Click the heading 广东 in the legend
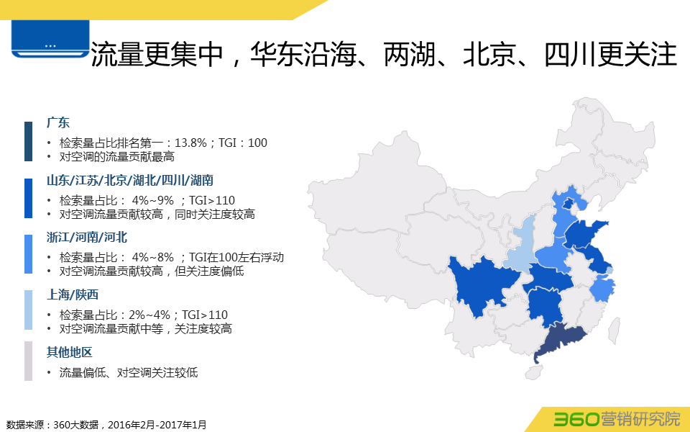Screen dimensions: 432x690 [58, 122]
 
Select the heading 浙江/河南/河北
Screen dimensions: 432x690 [87, 238]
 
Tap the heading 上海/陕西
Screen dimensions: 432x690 [73, 294]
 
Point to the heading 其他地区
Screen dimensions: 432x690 [70, 352]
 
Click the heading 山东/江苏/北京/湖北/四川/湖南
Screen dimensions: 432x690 [130, 180]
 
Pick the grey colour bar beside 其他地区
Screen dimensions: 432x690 [28, 361]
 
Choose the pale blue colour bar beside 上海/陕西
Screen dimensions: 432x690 [28, 310]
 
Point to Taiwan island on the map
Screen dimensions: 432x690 [616, 330]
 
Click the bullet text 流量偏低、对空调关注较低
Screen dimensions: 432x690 [129, 373]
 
